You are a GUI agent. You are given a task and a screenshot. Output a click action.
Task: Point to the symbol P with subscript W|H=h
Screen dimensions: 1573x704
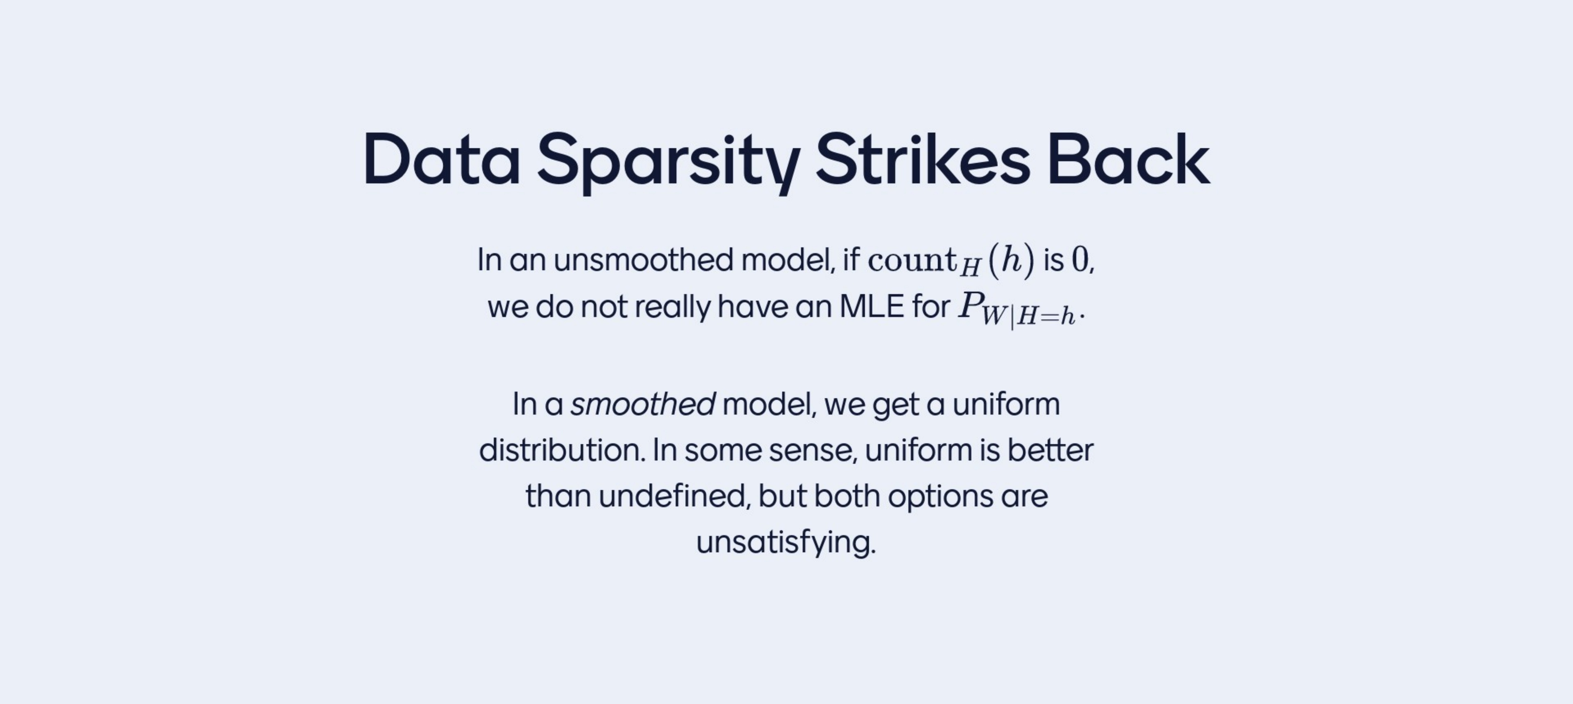(x=1017, y=309)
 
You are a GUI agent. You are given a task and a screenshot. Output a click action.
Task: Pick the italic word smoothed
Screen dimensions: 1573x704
(x=642, y=404)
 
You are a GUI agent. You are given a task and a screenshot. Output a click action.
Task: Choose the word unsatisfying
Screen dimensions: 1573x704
(x=786, y=542)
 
